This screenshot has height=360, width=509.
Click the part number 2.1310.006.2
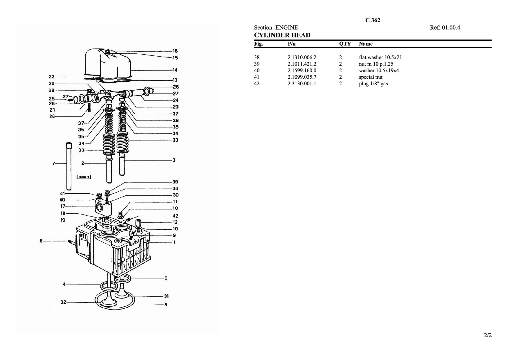[x=302, y=57]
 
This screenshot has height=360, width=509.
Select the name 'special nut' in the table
[x=371, y=77]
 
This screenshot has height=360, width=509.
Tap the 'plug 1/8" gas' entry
[x=373, y=84]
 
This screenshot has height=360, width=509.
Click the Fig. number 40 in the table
[x=257, y=71]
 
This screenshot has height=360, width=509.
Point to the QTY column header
[x=345, y=44]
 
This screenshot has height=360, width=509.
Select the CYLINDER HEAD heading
[x=282, y=35]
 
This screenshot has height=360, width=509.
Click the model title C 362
[x=373, y=20]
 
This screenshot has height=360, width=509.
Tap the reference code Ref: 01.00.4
[x=445, y=28]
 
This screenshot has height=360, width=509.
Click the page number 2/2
[x=488, y=336]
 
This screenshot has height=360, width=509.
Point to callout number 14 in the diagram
[x=175, y=70]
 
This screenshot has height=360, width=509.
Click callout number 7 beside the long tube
[x=53, y=163]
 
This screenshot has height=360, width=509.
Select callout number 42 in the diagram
[x=175, y=216]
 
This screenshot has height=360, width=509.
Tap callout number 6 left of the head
[x=41, y=241]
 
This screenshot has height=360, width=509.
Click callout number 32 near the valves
[x=63, y=302]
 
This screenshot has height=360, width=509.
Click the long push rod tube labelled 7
[x=69, y=165]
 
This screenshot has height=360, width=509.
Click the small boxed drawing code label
[x=84, y=177]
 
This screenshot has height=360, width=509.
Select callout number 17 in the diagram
[x=63, y=206]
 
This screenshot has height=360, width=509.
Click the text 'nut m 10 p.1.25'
[x=376, y=64]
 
